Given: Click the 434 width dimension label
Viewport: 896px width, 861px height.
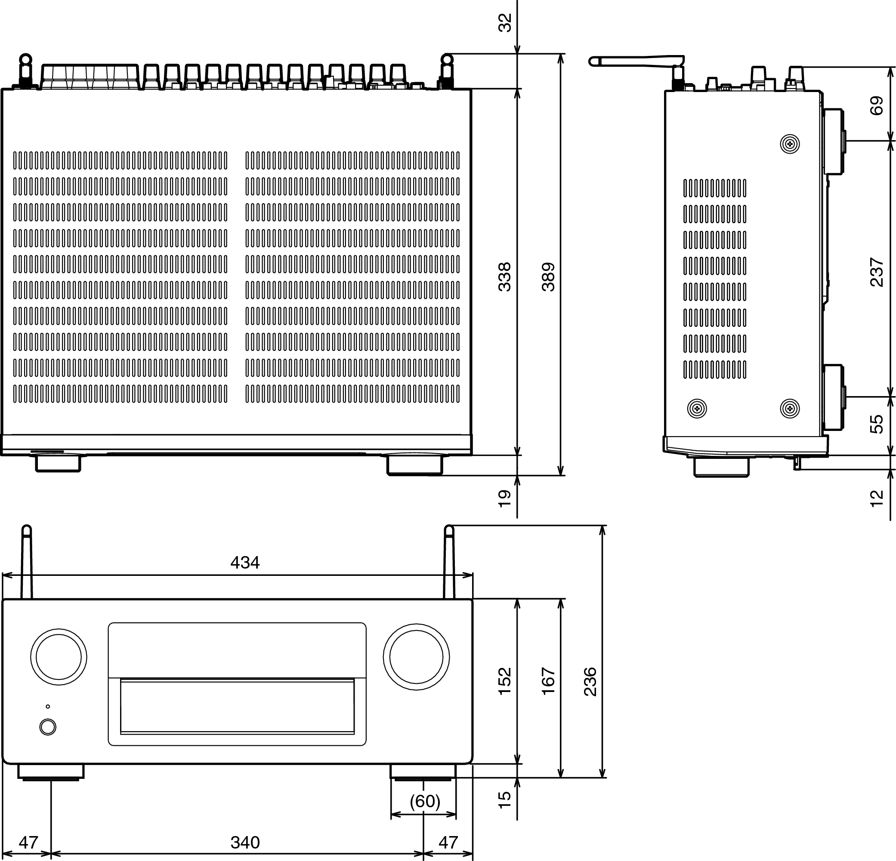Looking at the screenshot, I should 244,562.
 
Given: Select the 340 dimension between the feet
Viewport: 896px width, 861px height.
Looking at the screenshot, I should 244,842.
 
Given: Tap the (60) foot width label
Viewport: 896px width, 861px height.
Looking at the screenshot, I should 424,801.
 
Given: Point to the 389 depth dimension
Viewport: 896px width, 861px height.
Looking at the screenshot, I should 548,277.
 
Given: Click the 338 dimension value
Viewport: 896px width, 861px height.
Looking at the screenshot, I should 504,277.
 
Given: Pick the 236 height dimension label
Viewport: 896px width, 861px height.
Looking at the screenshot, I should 590,682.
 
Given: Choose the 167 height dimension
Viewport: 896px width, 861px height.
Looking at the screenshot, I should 548,682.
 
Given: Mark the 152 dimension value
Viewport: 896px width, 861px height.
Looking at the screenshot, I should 504,682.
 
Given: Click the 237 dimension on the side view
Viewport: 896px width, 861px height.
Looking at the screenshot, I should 876,272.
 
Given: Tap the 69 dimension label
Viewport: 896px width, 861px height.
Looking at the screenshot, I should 876,105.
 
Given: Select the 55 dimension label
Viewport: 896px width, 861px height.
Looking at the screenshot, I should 876,424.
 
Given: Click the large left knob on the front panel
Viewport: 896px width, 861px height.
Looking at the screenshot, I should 59,657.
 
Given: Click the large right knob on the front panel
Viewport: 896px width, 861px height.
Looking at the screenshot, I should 416,657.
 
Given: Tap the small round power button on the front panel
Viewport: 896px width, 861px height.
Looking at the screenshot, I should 48,727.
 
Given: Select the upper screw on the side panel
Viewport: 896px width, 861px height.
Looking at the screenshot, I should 789,145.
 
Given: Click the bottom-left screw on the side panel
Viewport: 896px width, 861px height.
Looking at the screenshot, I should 697,408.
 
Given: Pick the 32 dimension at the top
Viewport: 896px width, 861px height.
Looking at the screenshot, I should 504,22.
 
